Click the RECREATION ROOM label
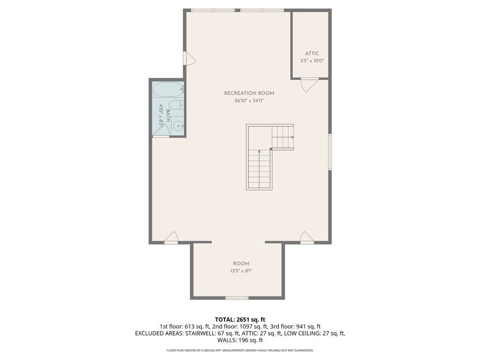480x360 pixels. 249,93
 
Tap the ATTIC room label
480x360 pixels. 312,53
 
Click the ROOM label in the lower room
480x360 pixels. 241,263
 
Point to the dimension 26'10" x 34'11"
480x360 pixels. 249,100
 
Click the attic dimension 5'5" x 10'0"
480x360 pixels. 312,60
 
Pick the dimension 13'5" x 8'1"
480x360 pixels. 241,271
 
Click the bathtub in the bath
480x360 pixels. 168,90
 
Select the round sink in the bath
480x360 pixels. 178,126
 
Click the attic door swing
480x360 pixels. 309,85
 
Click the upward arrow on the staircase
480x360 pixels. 259,169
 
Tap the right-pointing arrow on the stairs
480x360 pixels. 283,137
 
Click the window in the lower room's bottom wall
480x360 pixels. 237,298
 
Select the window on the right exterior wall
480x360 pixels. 330,152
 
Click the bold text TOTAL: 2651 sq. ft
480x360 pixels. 240,320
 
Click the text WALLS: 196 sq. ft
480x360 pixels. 240,340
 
